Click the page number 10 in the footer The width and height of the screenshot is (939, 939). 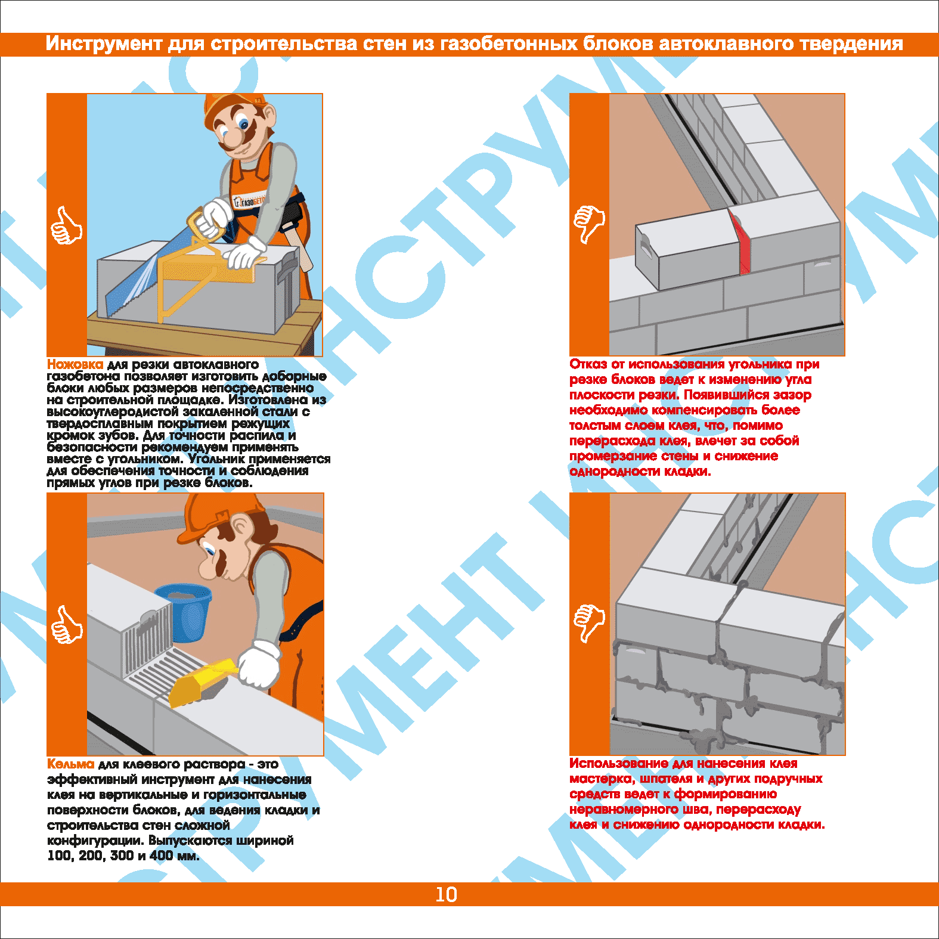coord(446,894)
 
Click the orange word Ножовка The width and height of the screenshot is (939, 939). coord(75,364)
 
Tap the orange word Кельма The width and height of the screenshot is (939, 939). coord(71,764)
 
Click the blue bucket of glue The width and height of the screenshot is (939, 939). coord(184,610)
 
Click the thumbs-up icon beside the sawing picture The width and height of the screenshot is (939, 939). coord(66,225)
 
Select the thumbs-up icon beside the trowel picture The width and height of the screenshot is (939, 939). coord(66,625)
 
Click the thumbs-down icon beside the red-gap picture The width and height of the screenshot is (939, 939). coord(589,225)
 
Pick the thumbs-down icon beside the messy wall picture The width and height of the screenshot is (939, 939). coord(589,624)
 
